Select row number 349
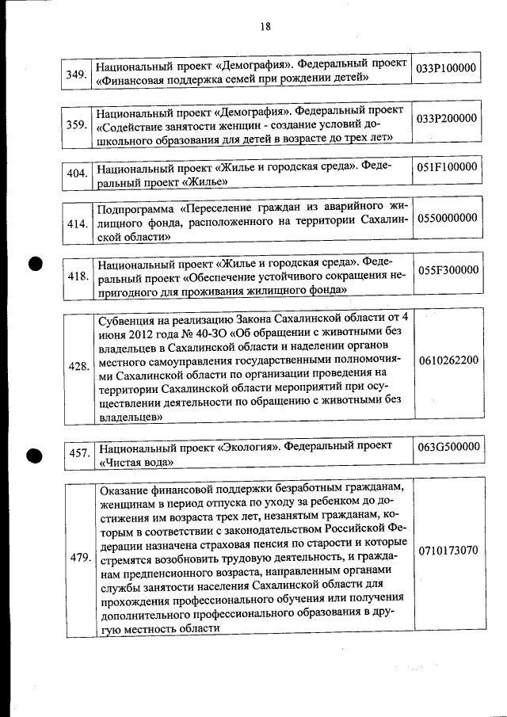click(x=77, y=74)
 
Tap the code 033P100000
click(x=447, y=68)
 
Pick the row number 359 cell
click(x=77, y=124)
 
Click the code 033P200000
click(x=447, y=118)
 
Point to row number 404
click(x=77, y=174)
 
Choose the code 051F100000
click(x=447, y=167)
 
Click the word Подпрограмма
click(x=134, y=210)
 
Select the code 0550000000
click(x=447, y=217)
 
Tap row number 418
click(x=77, y=277)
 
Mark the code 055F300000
click(x=447, y=270)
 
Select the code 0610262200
click(x=447, y=360)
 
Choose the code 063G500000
click(x=447, y=448)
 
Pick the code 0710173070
click(x=447, y=550)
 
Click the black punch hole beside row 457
click(x=34, y=456)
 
